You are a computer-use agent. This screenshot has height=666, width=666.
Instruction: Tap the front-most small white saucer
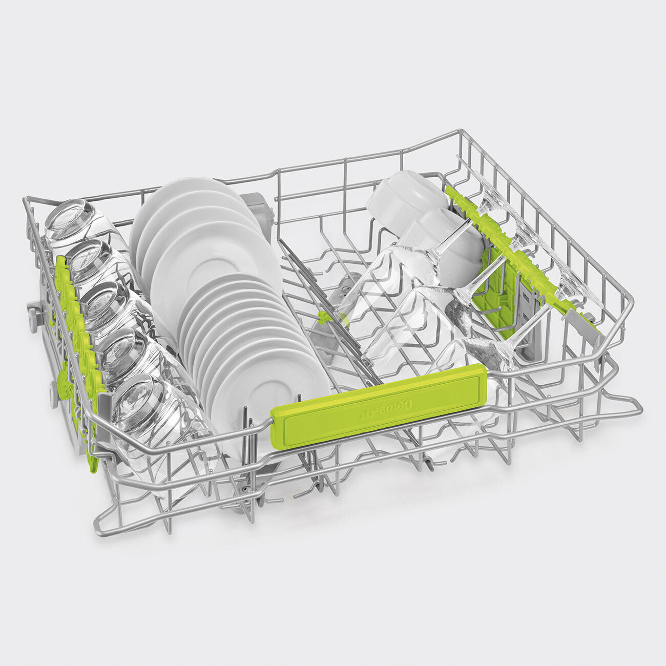click(x=269, y=390)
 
